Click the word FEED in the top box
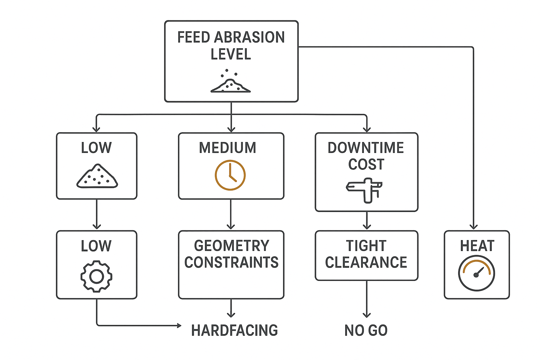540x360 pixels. click(194, 37)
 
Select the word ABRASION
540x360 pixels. click(249, 37)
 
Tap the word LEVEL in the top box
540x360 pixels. click(231, 54)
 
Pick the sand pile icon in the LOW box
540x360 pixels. click(97, 176)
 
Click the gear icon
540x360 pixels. click(96, 276)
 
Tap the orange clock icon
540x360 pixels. click(230, 175)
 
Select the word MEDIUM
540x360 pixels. click(227, 148)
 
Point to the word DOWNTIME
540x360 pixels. click(366, 148)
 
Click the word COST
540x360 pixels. click(366, 165)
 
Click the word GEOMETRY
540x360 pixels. click(231, 246)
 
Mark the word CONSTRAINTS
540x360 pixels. click(231, 262)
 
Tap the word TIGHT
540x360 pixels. click(366, 246)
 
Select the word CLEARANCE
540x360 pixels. click(366, 262)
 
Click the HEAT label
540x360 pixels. click(477, 246)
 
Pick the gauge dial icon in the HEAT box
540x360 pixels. click(476, 274)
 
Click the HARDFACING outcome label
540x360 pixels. click(234, 330)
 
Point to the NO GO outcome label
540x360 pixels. click(366, 330)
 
